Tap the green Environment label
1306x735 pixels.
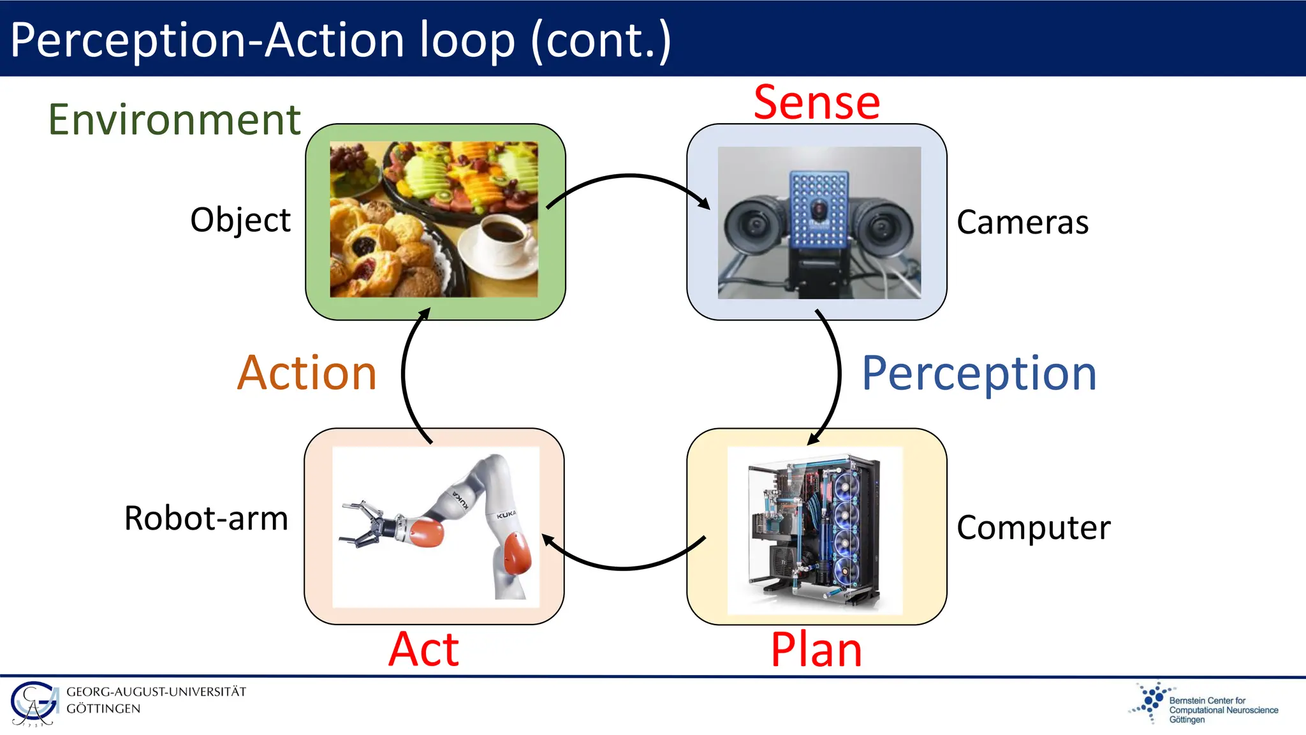point(174,120)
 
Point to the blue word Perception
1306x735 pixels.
point(979,374)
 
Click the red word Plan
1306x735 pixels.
point(816,650)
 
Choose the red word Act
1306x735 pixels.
point(424,650)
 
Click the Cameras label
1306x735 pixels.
point(1022,222)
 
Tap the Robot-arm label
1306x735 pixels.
point(206,518)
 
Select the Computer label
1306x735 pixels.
point(1033,528)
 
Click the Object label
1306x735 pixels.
point(240,220)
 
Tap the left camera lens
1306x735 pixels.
point(756,225)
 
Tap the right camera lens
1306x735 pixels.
point(884,225)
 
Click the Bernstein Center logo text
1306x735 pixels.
point(1222,709)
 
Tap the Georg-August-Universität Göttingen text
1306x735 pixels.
point(156,700)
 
